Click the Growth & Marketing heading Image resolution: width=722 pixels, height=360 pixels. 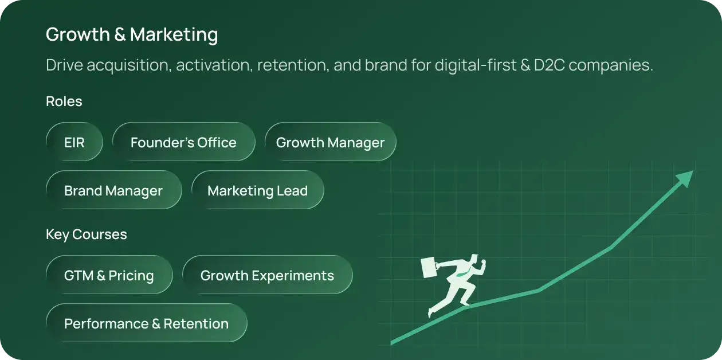[x=132, y=34]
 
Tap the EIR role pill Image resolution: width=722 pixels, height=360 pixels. [x=74, y=142]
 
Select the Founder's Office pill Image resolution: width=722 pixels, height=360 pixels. [x=184, y=142]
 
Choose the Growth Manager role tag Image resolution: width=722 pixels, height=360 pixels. [x=331, y=142]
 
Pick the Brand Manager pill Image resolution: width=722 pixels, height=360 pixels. [x=114, y=190]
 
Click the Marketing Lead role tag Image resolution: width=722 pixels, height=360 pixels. [x=257, y=190]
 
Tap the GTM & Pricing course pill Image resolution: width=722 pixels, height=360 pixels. [x=109, y=275]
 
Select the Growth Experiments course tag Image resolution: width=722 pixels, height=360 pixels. [x=267, y=275]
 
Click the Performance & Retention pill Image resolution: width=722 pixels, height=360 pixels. [x=147, y=323]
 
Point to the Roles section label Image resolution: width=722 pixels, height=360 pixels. [x=64, y=101]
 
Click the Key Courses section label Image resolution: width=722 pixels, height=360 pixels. [x=87, y=234]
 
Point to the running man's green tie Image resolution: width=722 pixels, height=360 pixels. [x=464, y=274]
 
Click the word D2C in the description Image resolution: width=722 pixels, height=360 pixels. [x=549, y=65]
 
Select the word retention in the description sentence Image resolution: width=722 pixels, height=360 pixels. [x=293, y=65]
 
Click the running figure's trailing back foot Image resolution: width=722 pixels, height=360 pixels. [x=431, y=312]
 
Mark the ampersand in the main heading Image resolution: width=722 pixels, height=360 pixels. [x=120, y=34]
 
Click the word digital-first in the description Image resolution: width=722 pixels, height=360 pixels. [x=476, y=65]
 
